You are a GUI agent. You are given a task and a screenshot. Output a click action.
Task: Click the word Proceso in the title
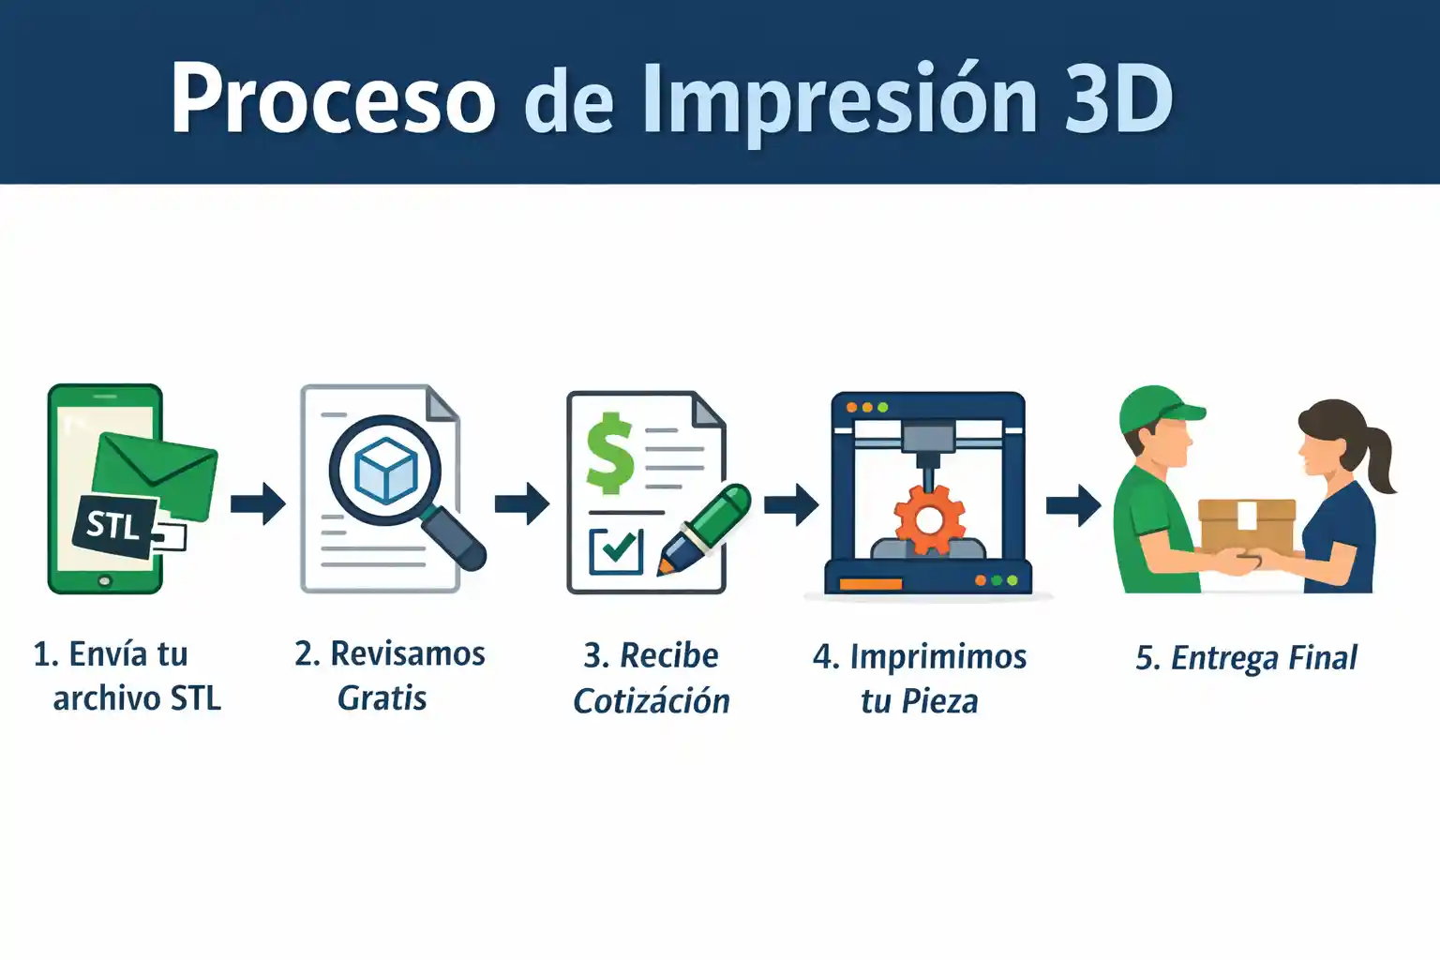click(333, 97)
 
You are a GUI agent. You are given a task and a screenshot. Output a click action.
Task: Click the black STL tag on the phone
click(115, 525)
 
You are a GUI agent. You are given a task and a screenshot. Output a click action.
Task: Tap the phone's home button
click(105, 581)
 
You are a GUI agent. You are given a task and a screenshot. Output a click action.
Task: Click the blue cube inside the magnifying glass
click(385, 470)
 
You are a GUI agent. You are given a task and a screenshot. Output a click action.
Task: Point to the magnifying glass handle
click(454, 538)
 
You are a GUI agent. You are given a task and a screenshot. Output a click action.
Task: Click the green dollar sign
click(610, 454)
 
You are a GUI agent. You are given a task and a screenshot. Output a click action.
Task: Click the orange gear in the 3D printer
click(929, 519)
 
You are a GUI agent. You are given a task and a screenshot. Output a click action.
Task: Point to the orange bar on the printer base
click(870, 584)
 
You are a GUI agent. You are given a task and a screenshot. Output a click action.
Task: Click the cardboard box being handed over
click(1247, 526)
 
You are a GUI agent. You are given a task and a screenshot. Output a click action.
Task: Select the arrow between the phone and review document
click(259, 503)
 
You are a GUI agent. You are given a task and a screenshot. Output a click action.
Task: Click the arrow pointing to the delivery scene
click(1073, 505)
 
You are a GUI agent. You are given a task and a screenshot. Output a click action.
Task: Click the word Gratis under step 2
click(382, 698)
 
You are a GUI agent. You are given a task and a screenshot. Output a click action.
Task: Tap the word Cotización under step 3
click(652, 700)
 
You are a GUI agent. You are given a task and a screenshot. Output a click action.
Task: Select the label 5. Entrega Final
click(1246, 658)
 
